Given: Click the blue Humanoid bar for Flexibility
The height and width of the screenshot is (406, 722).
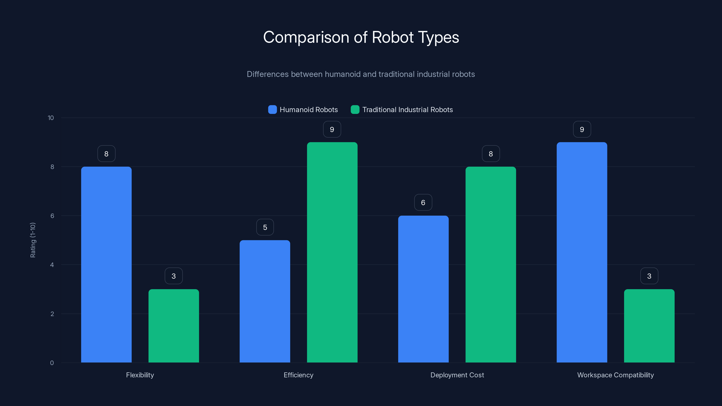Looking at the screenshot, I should tap(106, 265).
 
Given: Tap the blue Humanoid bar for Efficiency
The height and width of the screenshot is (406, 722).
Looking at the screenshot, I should tap(265, 301).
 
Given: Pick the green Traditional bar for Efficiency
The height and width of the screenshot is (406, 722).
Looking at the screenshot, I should tap(332, 252).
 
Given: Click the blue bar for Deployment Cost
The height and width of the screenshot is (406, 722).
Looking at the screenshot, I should tap(423, 289).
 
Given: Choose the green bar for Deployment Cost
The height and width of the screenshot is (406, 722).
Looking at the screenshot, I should tap(491, 265).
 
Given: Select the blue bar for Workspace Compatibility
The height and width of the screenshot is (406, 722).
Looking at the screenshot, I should tap(582, 252).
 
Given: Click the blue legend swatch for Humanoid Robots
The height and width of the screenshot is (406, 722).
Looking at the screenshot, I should tap(272, 110).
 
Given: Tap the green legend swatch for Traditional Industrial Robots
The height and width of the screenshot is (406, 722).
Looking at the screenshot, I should tap(355, 110).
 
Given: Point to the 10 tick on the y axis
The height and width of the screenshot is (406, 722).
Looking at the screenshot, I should tap(51, 118).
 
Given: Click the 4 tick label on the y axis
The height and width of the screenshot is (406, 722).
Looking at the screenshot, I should tap(52, 265).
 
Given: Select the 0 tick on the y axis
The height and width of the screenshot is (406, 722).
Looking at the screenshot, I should tap(52, 363).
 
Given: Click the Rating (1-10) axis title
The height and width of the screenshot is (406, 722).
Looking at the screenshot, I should tap(33, 240).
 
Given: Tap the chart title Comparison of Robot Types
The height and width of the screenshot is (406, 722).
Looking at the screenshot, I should tap(361, 37).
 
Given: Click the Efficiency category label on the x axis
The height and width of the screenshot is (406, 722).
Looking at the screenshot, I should tap(299, 375).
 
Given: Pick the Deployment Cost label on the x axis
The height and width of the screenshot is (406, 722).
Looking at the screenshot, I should tap(457, 375).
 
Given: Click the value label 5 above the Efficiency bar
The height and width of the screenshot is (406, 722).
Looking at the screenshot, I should tap(265, 227).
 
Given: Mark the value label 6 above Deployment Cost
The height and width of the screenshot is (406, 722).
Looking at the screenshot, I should tap(423, 202).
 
